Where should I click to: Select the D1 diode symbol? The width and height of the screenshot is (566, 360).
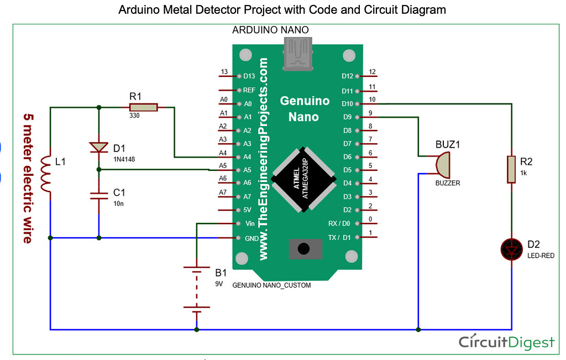coord(99,147)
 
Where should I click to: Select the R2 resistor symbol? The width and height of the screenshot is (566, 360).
coord(511,169)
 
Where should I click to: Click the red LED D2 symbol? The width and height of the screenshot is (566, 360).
coord(511,249)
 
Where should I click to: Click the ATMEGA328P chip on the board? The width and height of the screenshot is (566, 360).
coord(303,180)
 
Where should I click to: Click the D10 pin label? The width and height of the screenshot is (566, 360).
coord(347,103)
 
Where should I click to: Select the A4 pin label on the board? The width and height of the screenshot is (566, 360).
coord(248,157)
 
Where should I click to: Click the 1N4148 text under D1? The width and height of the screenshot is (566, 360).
coord(124,159)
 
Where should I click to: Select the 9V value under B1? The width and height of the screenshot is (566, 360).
coord(219,284)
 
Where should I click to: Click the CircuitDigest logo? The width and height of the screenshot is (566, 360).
coord(506,342)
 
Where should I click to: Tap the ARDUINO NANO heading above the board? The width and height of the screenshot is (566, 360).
coord(270,30)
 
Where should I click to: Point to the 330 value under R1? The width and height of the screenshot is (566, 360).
coord(134,116)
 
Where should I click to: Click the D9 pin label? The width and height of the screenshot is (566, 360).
coord(347,117)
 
